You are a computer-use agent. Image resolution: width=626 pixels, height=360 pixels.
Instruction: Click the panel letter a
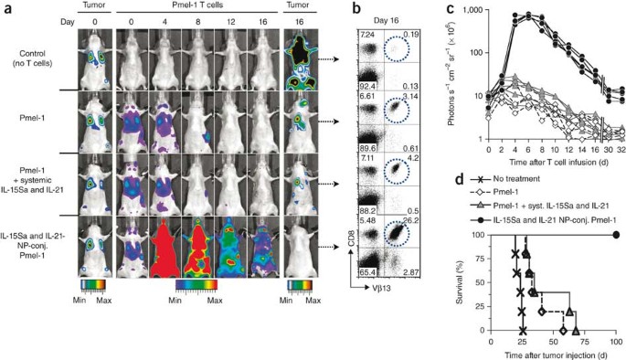click(5, 8)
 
